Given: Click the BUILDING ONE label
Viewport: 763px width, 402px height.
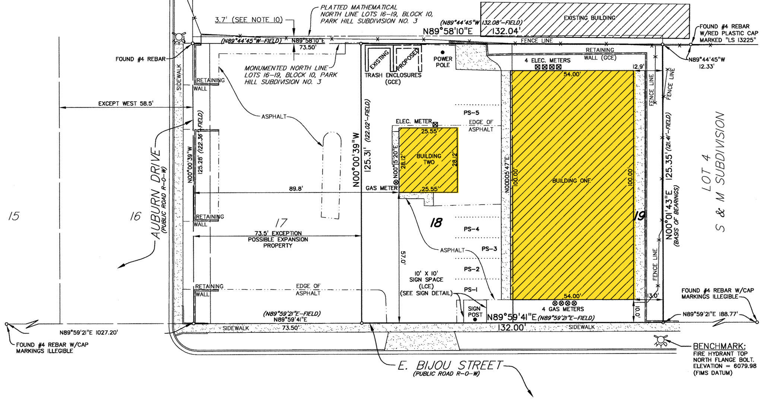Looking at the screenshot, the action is tap(572, 181).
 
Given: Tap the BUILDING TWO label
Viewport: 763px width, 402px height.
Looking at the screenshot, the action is tap(429, 159).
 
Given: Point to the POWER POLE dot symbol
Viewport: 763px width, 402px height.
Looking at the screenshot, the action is tap(443, 52).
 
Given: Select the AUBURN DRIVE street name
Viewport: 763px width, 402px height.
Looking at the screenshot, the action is tap(156, 194).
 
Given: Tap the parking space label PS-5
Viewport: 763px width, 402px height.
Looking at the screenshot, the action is tap(471, 113).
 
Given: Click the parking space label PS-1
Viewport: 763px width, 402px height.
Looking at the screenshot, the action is tap(471, 290).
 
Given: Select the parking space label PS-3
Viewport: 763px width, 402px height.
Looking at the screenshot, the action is tap(489, 249).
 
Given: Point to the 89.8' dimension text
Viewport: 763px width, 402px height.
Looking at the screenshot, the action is tap(296, 189).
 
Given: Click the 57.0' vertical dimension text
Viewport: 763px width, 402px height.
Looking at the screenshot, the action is tap(403, 258).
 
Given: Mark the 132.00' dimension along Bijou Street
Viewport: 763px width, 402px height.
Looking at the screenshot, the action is tap(512, 328).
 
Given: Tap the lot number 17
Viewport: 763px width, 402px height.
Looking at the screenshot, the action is tap(281, 223).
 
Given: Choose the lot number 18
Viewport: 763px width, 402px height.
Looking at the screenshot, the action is tap(436, 223).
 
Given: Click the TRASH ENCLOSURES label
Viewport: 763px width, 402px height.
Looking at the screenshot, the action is tap(393, 75).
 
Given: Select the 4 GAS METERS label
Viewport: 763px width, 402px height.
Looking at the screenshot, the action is tap(563, 309).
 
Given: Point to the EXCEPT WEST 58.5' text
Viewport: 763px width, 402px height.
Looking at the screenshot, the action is tap(126, 103).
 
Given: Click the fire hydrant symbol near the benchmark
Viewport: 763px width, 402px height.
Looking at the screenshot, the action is tap(661, 340).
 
